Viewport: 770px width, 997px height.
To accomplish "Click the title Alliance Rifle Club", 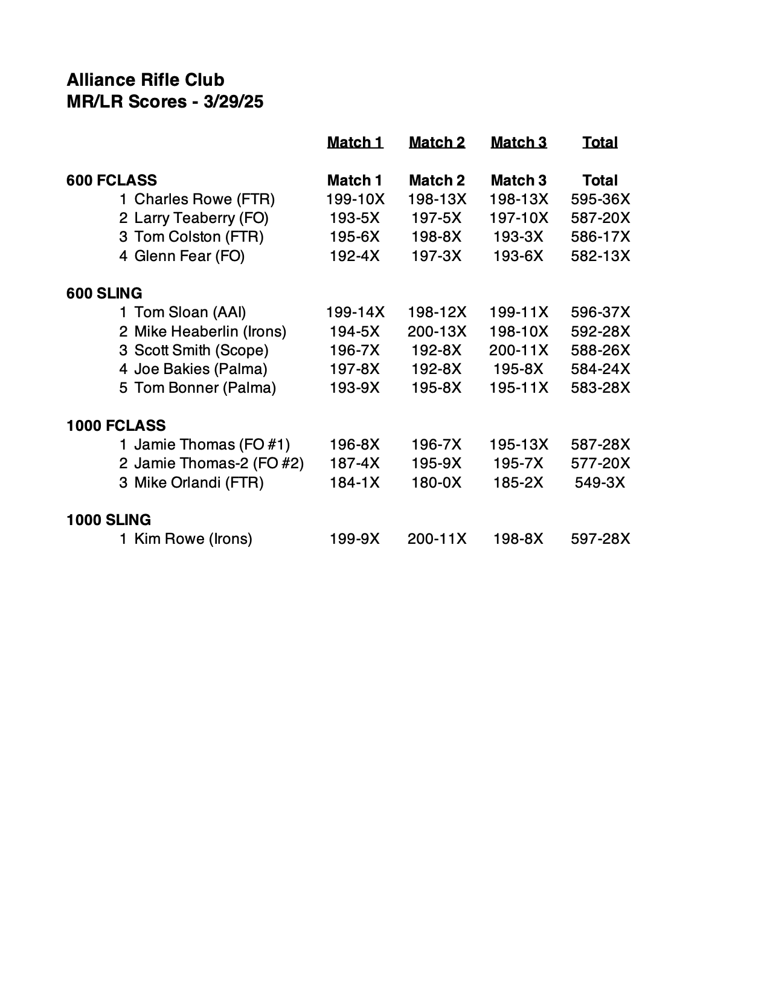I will click(x=145, y=80).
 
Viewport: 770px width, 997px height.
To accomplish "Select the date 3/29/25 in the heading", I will click(x=233, y=102).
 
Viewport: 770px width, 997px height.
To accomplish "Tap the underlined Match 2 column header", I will click(x=437, y=143).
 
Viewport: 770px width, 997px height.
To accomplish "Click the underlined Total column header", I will click(x=600, y=143).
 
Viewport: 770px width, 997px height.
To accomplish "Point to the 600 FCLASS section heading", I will click(x=112, y=180).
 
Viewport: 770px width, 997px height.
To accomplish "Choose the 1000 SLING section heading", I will click(x=109, y=520).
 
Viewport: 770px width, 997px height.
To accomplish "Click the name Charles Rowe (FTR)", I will click(x=204, y=199).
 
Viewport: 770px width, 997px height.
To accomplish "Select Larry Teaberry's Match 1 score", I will click(x=355, y=218).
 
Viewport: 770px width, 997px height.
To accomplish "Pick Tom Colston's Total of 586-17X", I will click(x=600, y=237).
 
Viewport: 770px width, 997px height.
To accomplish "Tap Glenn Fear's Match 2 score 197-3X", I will click(x=436, y=256).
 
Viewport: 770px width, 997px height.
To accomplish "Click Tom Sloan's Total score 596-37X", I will click(x=600, y=312).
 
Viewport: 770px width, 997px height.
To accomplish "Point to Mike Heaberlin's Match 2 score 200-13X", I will click(x=437, y=331).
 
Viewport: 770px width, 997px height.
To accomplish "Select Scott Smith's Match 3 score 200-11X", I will click(x=519, y=350).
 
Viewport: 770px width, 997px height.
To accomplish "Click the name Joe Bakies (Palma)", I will click(x=201, y=369).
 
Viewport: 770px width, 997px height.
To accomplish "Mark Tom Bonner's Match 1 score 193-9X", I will click(x=355, y=388).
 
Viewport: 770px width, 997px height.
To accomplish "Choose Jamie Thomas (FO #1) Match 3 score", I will click(x=519, y=445).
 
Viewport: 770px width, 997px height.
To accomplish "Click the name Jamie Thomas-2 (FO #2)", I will click(x=219, y=463).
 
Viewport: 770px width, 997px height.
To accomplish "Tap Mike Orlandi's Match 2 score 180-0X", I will click(x=436, y=483).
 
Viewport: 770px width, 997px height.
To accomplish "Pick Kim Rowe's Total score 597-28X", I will click(x=600, y=539).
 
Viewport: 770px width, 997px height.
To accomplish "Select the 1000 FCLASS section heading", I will click(x=116, y=425).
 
